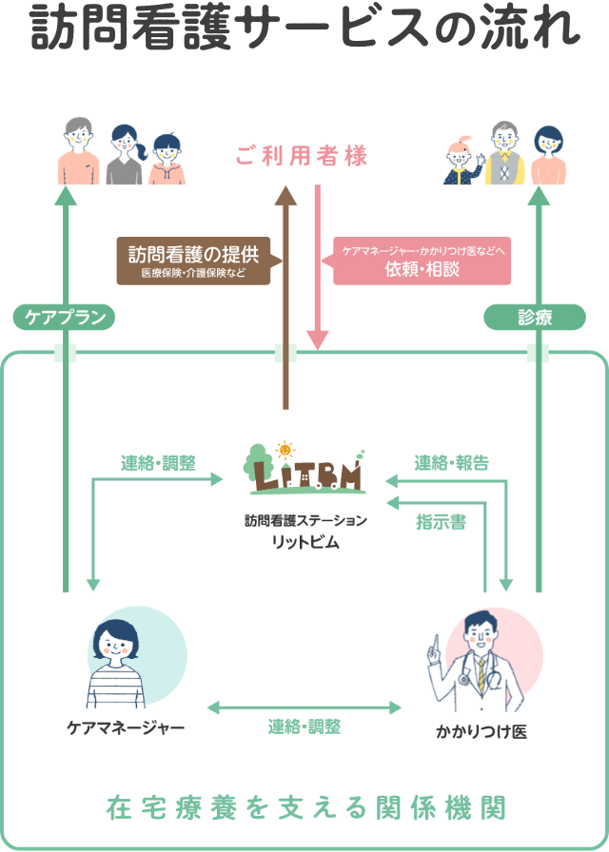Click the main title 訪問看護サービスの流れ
tap(304, 29)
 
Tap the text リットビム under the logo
tap(304, 542)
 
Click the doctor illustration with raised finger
tap(480, 656)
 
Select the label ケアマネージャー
tap(126, 728)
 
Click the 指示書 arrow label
tap(441, 521)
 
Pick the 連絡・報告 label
tap(452, 463)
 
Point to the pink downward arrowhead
tap(318, 339)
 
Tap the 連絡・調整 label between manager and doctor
tap(304, 727)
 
